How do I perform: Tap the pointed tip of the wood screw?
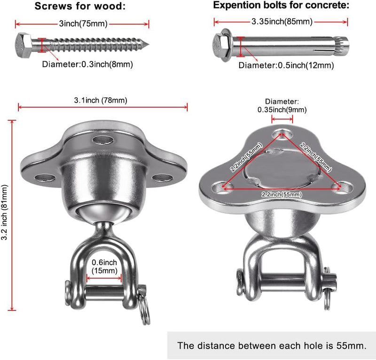149,44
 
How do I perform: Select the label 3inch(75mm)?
83,24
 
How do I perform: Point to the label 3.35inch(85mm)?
282,22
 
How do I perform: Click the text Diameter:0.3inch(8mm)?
87,64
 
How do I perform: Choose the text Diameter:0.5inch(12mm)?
286,65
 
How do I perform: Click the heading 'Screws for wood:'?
80,6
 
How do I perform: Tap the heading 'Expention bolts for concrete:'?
281,5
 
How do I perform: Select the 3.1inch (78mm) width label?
101,100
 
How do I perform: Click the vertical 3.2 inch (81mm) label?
5,212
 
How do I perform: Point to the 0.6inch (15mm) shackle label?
104,266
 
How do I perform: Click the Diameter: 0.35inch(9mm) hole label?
282,106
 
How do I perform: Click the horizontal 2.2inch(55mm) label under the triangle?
282,194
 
